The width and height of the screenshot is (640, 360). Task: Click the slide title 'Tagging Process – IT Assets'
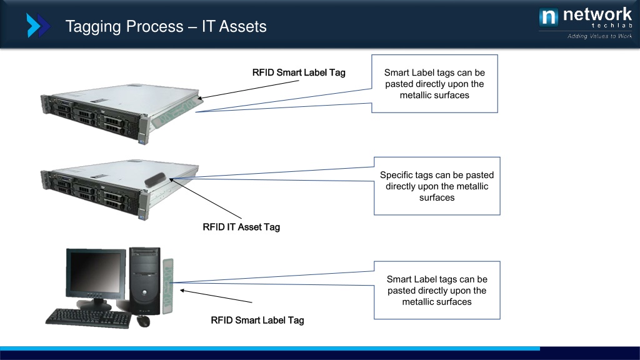tap(166, 27)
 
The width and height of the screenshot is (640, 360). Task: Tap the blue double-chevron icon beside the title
tap(38, 26)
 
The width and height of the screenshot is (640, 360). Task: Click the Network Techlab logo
tap(585, 17)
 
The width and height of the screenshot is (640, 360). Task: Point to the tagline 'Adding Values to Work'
tap(599, 36)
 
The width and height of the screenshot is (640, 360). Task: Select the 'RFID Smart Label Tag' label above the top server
tap(299, 72)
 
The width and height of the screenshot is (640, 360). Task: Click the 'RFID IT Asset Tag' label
tap(241, 227)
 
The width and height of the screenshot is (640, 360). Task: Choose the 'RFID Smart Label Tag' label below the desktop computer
tap(257, 320)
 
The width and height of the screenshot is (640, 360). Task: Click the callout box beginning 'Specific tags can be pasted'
tap(437, 186)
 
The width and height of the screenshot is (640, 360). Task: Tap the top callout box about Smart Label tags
tap(434, 84)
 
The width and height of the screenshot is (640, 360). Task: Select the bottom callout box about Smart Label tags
tap(437, 290)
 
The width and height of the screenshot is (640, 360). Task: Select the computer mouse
tap(143, 321)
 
